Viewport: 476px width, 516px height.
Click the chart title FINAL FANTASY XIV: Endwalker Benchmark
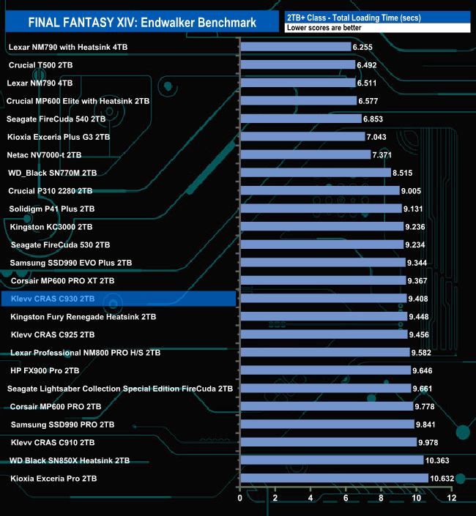tap(142, 22)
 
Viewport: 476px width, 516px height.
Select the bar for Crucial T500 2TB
tap(297, 65)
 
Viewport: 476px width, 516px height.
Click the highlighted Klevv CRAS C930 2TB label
tap(53, 299)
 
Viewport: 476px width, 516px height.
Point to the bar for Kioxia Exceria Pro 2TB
tap(334, 478)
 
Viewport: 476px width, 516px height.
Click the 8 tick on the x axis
tap(382, 498)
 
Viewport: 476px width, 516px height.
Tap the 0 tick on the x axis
tap(240, 498)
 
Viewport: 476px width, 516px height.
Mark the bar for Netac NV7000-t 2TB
tap(305, 154)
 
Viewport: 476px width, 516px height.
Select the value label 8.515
tap(404, 173)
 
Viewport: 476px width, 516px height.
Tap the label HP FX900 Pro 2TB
tap(45, 370)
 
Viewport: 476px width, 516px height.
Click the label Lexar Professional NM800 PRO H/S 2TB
tap(86, 353)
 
